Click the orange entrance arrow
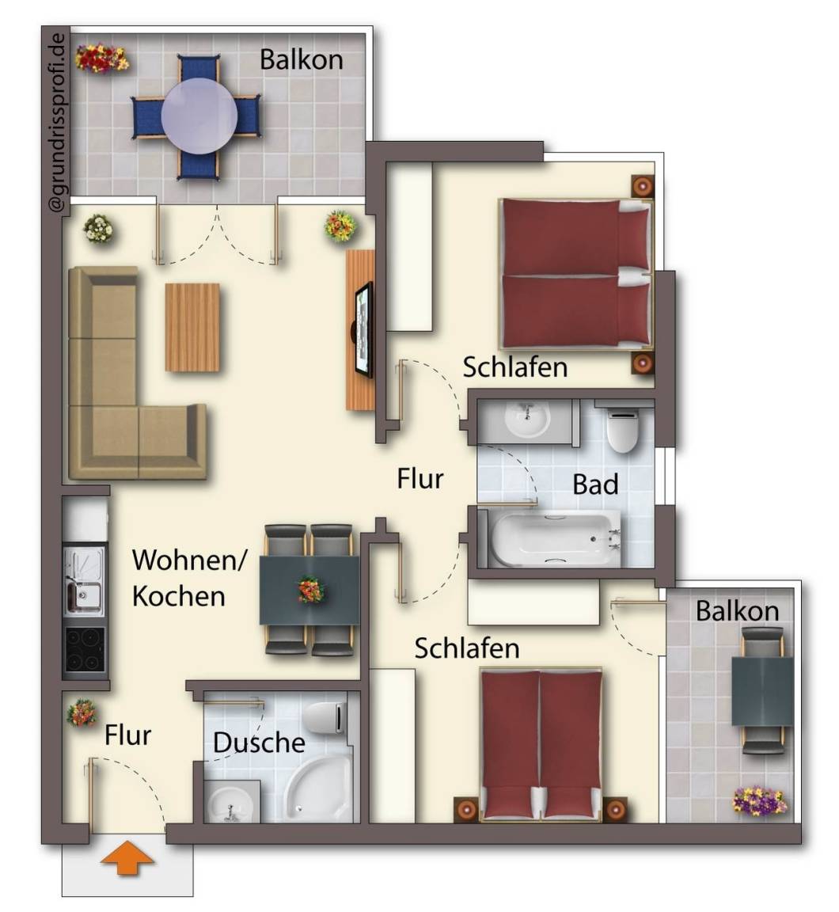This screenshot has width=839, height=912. click(x=127, y=861)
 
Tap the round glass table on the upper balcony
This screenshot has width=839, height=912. click(x=199, y=116)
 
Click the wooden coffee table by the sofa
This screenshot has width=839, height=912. click(x=192, y=327)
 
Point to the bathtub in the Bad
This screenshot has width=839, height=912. click(x=555, y=538)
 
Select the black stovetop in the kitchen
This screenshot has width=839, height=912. click(x=85, y=650)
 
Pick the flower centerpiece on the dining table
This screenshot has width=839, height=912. click(x=311, y=590)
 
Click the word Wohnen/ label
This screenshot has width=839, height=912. click(x=189, y=560)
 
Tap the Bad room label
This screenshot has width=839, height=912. click(x=595, y=484)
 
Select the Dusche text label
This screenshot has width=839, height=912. click(x=259, y=743)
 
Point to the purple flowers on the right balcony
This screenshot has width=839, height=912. click(x=759, y=801)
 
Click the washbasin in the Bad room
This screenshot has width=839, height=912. click(x=527, y=419)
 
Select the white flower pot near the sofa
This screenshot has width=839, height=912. click(x=97, y=229)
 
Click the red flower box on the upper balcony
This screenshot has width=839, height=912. click(x=102, y=58)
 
